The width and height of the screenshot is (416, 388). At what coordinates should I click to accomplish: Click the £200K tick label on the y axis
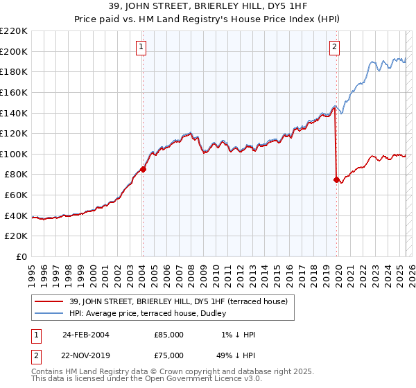point(14,51)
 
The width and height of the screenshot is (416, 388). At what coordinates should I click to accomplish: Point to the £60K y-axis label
point(16,195)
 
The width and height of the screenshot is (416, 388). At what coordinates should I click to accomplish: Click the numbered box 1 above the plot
point(141,47)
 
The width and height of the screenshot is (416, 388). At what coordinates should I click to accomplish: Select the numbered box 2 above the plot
point(334,47)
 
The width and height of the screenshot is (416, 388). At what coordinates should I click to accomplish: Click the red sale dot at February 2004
point(143,168)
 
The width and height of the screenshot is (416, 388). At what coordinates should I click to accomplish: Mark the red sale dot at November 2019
point(337,179)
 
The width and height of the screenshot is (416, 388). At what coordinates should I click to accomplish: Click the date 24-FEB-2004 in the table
point(85,334)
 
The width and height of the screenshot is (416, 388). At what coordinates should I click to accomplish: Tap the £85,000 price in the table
point(169,334)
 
